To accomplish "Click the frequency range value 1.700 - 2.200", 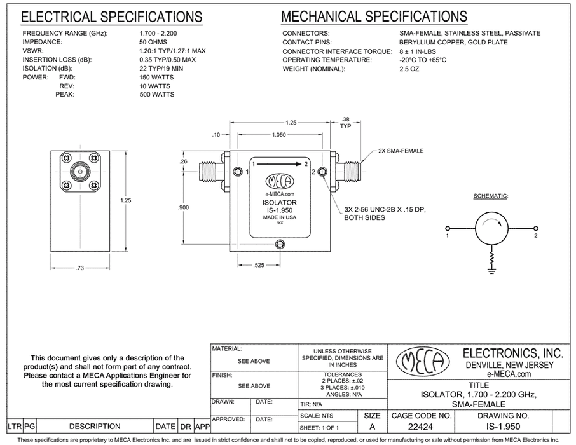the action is pyautogui.click(x=158, y=34).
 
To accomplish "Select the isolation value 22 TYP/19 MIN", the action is pyautogui.click(x=161, y=69).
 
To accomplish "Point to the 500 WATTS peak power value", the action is pyautogui.click(x=157, y=95).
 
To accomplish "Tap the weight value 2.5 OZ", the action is pyautogui.click(x=409, y=69).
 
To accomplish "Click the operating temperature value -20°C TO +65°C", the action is pyautogui.click(x=423, y=60).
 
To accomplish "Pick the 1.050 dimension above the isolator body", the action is pyautogui.click(x=279, y=135).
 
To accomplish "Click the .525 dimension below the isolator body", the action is pyautogui.click(x=259, y=265).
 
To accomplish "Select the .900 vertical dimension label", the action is pyautogui.click(x=183, y=207).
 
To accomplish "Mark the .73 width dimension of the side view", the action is pyautogui.click(x=80, y=268).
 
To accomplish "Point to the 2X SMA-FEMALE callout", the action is pyautogui.click(x=401, y=151).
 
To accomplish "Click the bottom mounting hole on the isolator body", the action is pyautogui.click(x=280, y=244).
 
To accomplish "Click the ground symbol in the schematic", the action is pyautogui.click(x=491, y=271).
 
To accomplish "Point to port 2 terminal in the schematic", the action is pyautogui.click(x=535, y=228).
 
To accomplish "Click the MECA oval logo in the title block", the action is pyautogui.click(x=423, y=361).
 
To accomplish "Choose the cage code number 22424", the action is pyautogui.click(x=421, y=427).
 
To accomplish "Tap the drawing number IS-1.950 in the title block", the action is pyautogui.click(x=503, y=427).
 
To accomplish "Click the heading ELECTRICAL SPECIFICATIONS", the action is pyautogui.click(x=111, y=17).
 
